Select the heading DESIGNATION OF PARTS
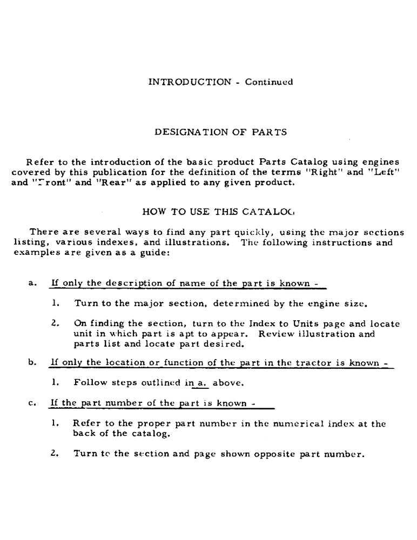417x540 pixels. pos(220,132)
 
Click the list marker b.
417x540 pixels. pos(32,363)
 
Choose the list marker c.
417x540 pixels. pos(32,403)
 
